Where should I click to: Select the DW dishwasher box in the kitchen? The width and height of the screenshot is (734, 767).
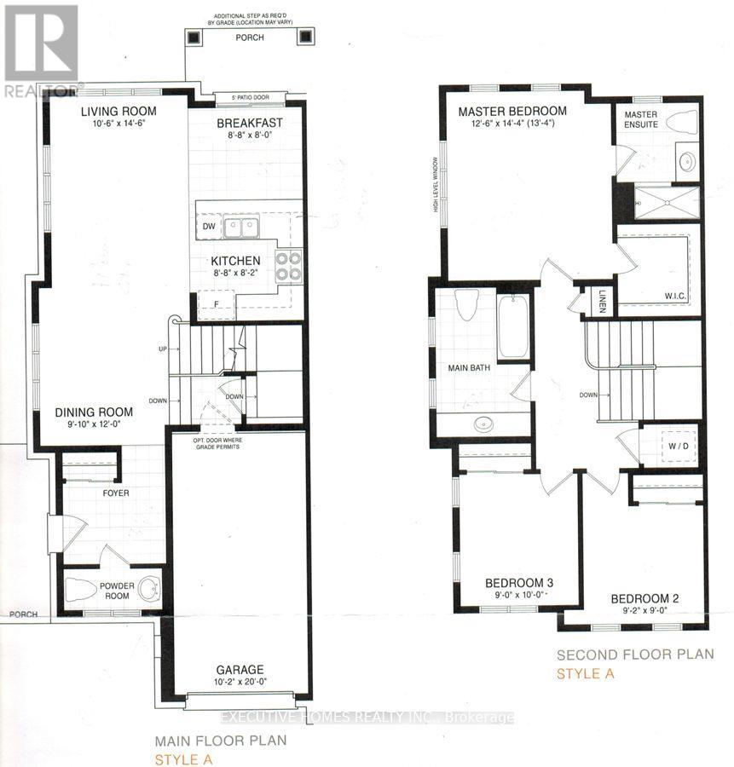click(209, 227)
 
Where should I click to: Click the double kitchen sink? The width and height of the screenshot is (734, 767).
click(240, 228)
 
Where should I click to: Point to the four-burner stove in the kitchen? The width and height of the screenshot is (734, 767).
click(288, 265)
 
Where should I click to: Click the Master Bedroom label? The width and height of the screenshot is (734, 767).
click(511, 112)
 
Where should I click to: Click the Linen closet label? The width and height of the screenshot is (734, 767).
click(601, 302)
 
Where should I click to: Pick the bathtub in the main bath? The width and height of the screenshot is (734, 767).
click(513, 327)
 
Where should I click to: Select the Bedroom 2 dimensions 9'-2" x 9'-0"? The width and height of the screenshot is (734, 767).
click(644, 611)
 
